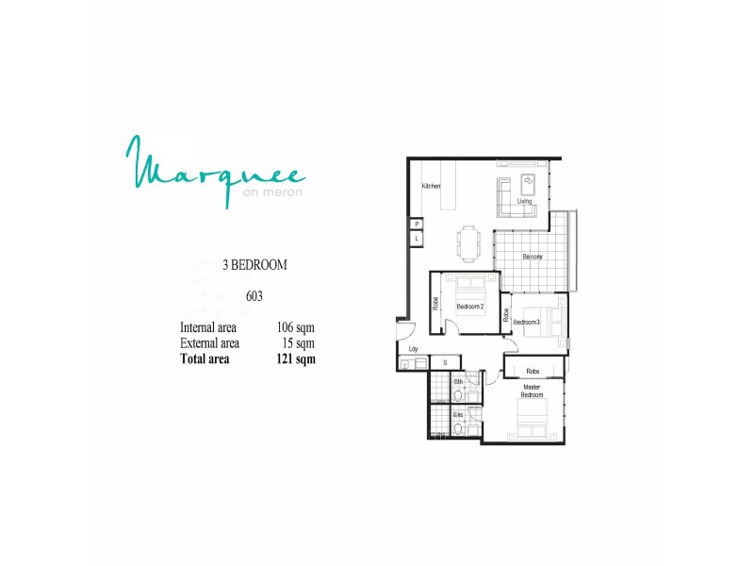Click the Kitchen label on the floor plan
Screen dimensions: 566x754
(x=431, y=187)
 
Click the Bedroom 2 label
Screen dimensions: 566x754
(x=470, y=307)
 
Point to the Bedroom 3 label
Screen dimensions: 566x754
(x=527, y=323)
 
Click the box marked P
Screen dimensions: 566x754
(x=416, y=225)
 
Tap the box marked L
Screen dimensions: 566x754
(x=416, y=240)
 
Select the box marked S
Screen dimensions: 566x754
(x=446, y=362)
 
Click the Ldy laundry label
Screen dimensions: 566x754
(x=413, y=350)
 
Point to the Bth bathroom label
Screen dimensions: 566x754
(x=458, y=382)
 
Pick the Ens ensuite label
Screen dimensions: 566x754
(x=458, y=415)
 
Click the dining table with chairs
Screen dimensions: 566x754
(x=468, y=241)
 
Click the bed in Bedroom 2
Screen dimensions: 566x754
(x=470, y=287)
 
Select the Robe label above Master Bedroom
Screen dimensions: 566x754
(x=533, y=371)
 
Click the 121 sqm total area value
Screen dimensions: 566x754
(x=296, y=359)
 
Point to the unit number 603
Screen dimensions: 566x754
(x=254, y=295)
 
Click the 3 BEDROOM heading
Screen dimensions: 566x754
(x=254, y=265)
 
